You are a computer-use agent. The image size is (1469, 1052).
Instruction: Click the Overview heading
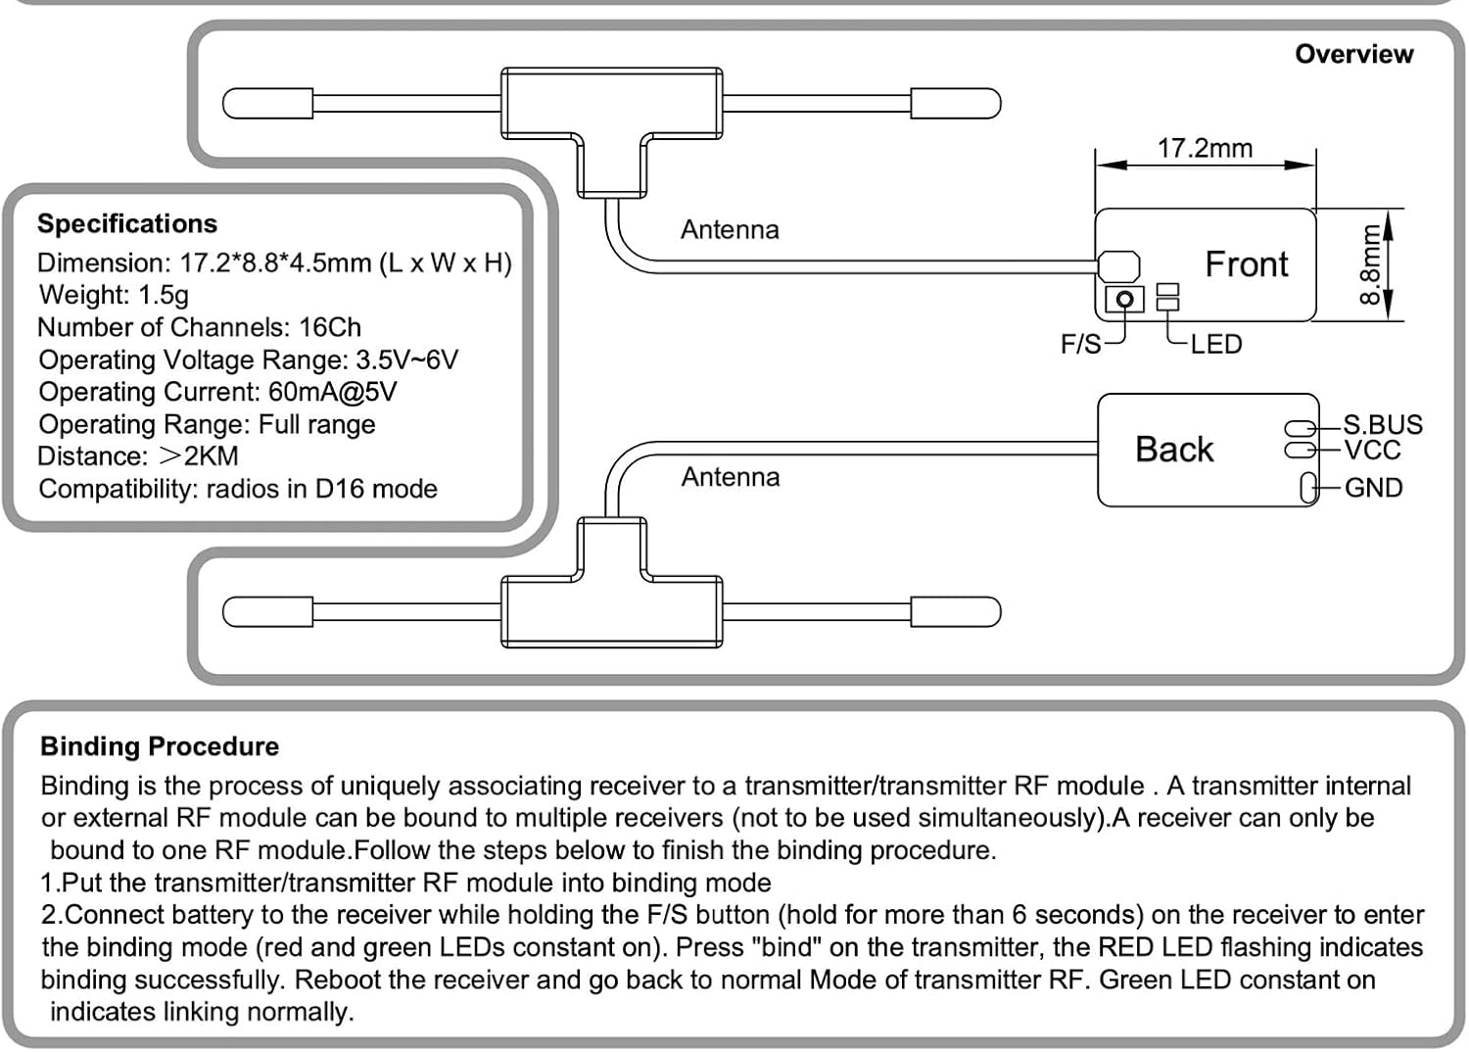pyautogui.click(x=1353, y=54)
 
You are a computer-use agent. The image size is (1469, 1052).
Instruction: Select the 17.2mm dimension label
pyautogui.click(x=1205, y=148)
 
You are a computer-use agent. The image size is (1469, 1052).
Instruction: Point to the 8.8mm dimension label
pyautogui.click(x=1370, y=264)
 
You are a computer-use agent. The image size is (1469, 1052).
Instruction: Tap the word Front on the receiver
pyautogui.click(x=1246, y=264)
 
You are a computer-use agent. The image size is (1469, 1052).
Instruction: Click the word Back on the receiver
pyautogui.click(x=1173, y=450)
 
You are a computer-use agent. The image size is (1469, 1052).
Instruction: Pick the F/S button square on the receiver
pyautogui.click(x=1124, y=299)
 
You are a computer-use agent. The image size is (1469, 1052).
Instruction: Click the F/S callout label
pyautogui.click(x=1080, y=344)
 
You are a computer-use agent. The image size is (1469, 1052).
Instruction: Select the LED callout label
pyautogui.click(x=1215, y=344)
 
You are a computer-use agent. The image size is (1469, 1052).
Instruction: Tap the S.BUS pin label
pyautogui.click(x=1382, y=424)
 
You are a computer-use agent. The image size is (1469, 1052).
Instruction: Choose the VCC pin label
pyautogui.click(x=1372, y=451)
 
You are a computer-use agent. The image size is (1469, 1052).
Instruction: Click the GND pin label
pyautogui.click(x=1373, y=487)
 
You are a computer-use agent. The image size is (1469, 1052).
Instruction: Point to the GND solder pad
pyautogui.click(x=1308, y=488)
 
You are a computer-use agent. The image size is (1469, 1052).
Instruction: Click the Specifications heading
pyautogui.click(x=127, y=223)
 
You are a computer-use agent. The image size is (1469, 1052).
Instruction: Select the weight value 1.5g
pyautogui.click(x=164, y=295)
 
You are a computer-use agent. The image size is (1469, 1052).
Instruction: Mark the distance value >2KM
pyautogui.click(x=198, y=456)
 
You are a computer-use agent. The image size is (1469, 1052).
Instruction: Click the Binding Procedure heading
pyautogui.click(x=160, y=746)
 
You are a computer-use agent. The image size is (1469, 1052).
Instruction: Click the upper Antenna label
pyautogui.click(x=730, y=229)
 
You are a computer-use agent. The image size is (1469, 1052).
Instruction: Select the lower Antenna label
pyautogui.click(x=731, y=477)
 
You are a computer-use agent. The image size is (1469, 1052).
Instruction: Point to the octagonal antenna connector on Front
pyautogui.click(x=1118, y=265)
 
